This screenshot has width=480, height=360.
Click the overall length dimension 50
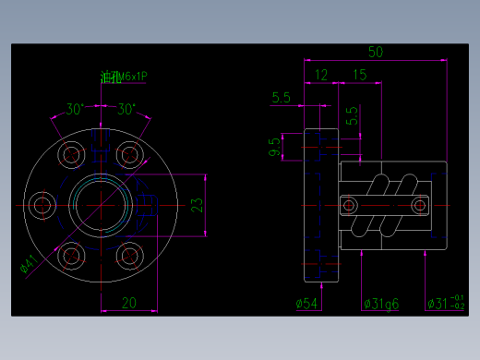click(376, 52)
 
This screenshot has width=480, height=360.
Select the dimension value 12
click(321, 74)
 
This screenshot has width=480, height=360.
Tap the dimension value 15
click(359, 74)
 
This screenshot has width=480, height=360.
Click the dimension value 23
click(197, 205)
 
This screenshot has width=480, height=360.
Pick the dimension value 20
click(129, 301)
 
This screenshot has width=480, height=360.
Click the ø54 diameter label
click(306, 303)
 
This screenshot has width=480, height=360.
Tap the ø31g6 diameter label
click(380, 303)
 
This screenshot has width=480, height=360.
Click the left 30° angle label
click(75, 109)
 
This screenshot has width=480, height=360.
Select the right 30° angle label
click(126, 109)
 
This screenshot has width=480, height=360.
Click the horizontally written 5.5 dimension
click(282, 96)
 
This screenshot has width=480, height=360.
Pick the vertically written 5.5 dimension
click(351, 115)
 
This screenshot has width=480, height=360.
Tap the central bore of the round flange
click(98, 203)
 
